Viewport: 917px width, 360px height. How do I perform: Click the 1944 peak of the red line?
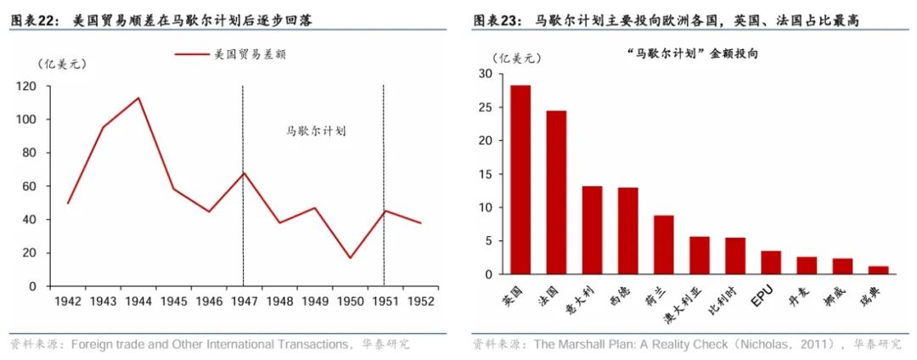[x=138, y=98]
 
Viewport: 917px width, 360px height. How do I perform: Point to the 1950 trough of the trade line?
[x=349, y=257]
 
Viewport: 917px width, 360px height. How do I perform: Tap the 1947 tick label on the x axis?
[x=243, y=301]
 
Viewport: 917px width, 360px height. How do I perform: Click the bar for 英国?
[x=520, y=180]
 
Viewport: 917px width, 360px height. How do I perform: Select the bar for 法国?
[x=556, y=193]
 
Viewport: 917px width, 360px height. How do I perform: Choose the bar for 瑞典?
[x=879, y=270]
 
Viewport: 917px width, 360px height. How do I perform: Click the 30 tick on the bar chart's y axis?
[x=485, y=74]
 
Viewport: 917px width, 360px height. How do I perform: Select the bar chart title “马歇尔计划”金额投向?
[x=691, y=53]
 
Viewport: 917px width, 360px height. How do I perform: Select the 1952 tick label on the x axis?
[x=419, y=301]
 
